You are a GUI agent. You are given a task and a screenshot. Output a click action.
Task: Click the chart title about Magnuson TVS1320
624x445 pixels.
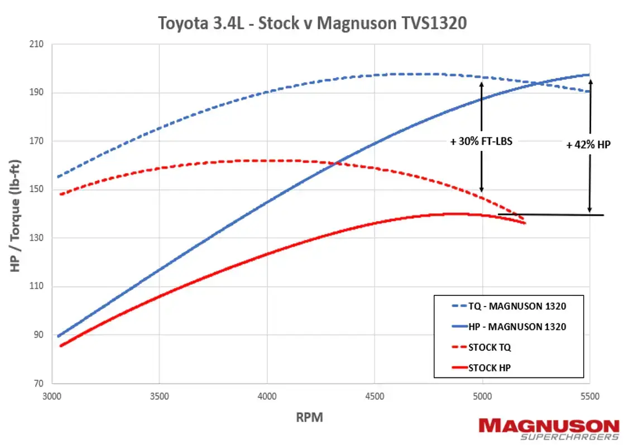click(312, 23)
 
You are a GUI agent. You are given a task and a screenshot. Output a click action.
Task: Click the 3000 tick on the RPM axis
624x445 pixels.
click(52, 396)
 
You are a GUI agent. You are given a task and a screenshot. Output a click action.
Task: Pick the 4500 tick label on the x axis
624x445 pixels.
click(375, 396)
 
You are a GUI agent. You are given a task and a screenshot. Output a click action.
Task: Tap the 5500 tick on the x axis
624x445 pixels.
click(589, 396)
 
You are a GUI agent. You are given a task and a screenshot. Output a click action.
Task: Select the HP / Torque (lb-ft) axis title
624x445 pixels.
click(16, 214)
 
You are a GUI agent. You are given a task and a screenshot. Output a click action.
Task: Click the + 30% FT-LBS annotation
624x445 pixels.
click(481, 141)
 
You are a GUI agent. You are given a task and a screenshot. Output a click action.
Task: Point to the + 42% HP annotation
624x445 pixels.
click(589, 145)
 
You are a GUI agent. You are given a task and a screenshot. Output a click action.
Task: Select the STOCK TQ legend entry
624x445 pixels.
click(489, 347)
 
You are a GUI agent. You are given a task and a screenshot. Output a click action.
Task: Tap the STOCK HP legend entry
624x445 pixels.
click(489, 367)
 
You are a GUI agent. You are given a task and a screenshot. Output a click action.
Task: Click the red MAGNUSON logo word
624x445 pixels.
click(549, 425)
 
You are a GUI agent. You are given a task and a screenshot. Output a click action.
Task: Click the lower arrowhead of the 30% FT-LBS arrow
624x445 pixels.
click(481, 190)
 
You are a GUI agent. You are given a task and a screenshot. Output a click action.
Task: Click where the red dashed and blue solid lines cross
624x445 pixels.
click(336, 163)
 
